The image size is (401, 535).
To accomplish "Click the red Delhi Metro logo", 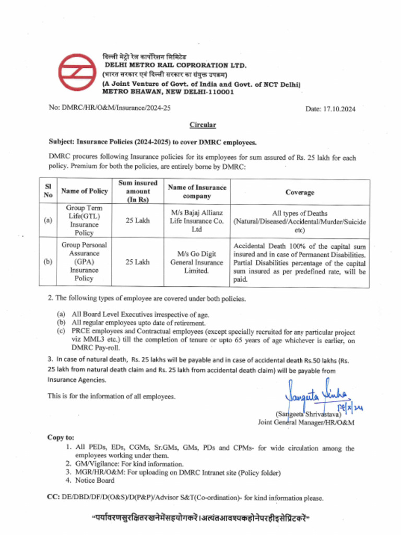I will (x=77, y=74).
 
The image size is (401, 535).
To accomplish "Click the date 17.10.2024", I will (x=330, y=109).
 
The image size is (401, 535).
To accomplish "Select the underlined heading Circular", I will (x=202, y=125).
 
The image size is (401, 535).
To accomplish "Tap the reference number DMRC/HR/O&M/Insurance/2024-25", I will (x=110, y=108).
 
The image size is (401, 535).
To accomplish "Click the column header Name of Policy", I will (x=84, y=192).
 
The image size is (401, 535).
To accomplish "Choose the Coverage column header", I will (x=300, y=192).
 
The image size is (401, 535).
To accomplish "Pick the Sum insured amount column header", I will (x=138, y=192).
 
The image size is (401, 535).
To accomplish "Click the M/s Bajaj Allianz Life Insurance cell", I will (x=196, y=220).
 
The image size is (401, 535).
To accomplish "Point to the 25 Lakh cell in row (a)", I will (x=138, y=220).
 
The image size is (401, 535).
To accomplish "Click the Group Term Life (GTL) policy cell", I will (x=84, y=220).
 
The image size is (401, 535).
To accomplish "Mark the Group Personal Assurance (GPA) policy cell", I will (x=84, y=262).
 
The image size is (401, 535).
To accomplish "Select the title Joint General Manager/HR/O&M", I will (x=306, y=422).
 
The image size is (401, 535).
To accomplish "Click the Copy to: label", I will (x=61, y=437).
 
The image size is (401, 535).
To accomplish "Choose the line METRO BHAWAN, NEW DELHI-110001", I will (x=168, y=91).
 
